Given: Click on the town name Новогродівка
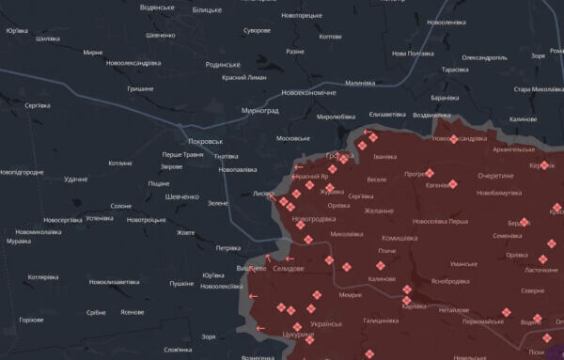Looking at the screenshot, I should pyautogui.click(x=314, y=219).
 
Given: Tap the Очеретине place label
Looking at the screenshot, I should pyautogui.click(x=495, y=176).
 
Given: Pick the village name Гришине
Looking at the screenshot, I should pyautogui.click(x=140, y=88).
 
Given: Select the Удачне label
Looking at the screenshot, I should pyautogui.click(x=76, y=180).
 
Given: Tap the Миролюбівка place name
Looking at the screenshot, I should pyautogui.click(x=336, y=117).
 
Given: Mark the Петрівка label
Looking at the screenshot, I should pyautogui.click(x=227, y=248).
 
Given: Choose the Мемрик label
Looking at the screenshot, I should pyautogui.click(x=351, y=294).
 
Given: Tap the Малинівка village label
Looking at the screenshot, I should pyautogui.click(x=360, y=84).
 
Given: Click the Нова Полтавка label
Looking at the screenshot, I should pyautogui.click(x=413, y=54).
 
